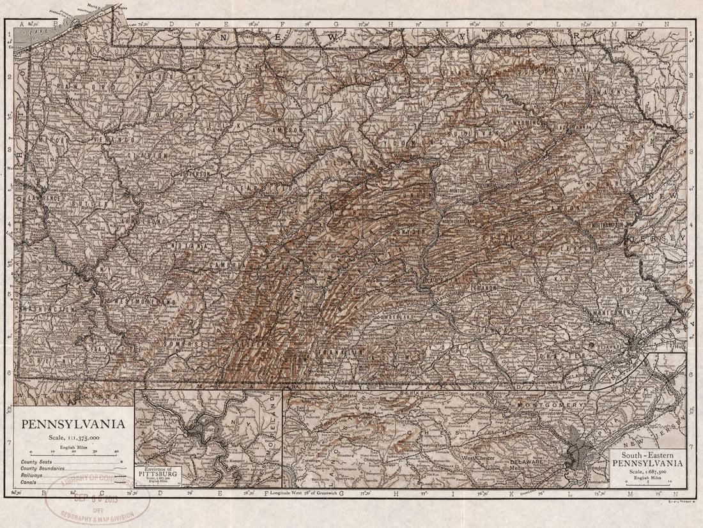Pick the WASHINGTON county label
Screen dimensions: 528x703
coord(47,309)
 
